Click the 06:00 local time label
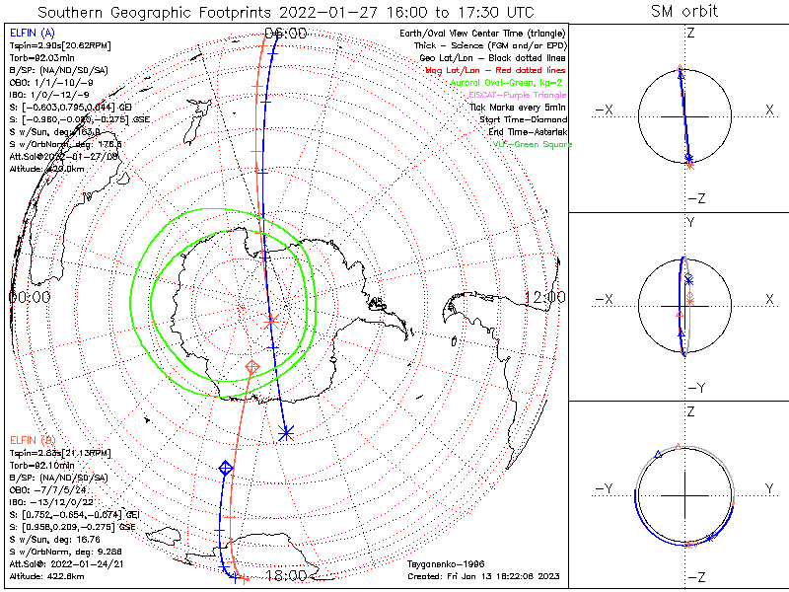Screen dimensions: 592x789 click(286, 33)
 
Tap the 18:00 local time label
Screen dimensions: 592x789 click(286, 576)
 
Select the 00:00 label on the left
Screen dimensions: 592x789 click(30, 296)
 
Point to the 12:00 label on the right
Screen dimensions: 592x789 click(544, 296)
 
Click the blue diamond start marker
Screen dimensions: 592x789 click(225, 468)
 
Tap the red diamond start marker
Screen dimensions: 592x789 click(252, 367)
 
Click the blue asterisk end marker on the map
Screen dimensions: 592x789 click(286, 432)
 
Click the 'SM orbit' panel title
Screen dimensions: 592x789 click(684, 12)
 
